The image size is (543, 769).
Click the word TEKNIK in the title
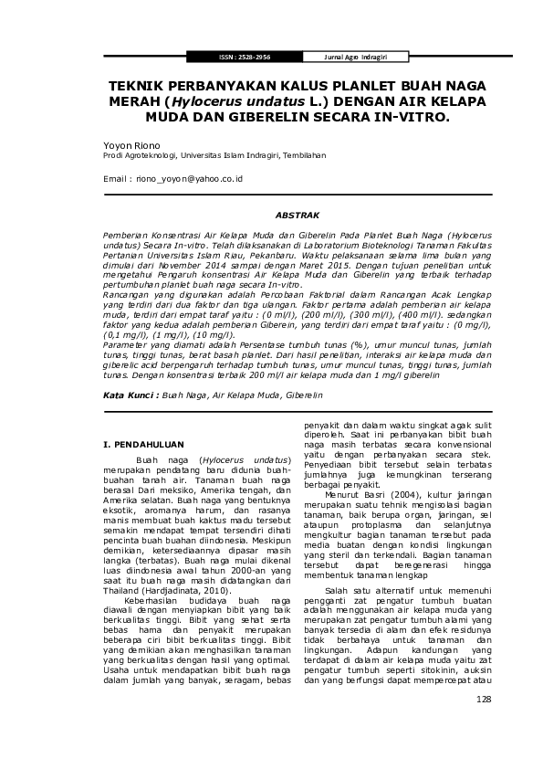(x=134, y=87)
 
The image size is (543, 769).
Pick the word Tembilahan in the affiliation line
(x=305, y=155)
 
